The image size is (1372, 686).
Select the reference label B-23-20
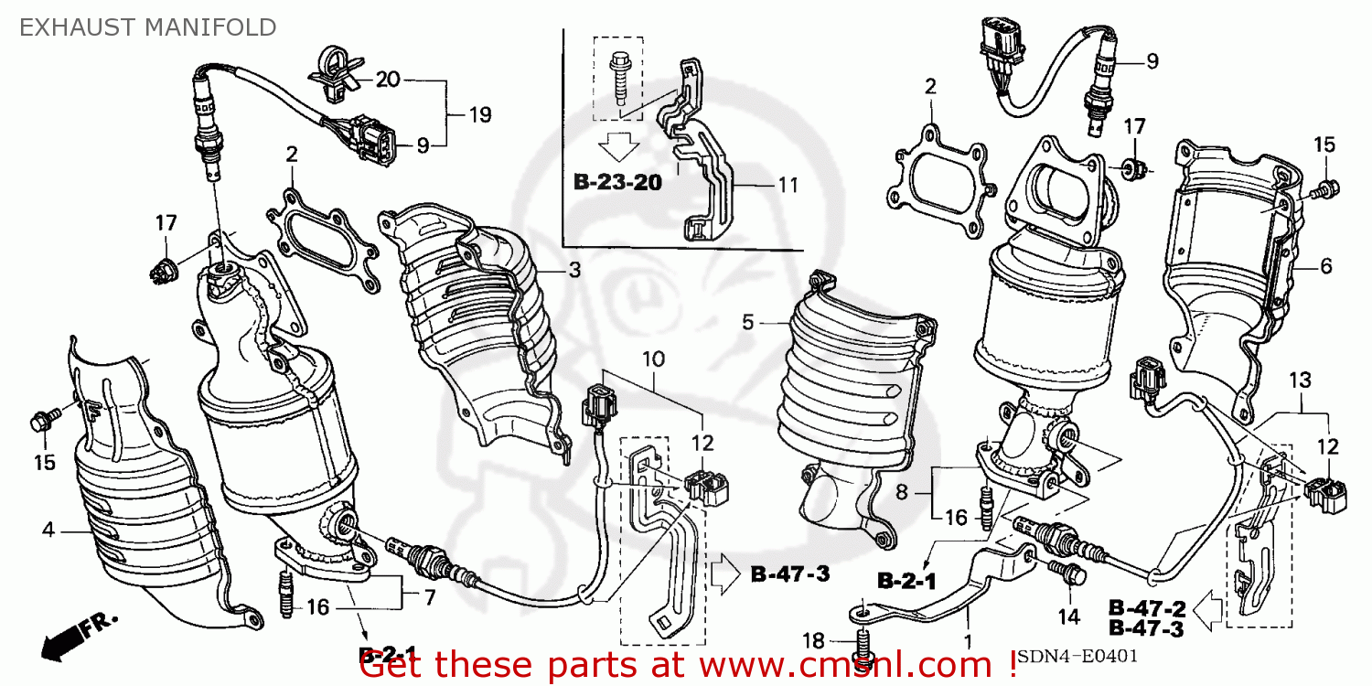[x=617, y=182]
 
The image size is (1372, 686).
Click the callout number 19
[x=479, y=115]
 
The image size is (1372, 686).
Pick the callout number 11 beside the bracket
[x=788, y=185]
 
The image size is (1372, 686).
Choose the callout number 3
[x=573, y=271]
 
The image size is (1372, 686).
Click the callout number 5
[x=747, y=322]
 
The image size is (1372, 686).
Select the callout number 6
[x=1325, y=267]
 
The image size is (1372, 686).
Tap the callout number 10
[x=653, y=359]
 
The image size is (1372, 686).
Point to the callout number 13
[x=1300, y=380]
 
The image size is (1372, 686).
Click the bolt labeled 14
[x=1069, y=574]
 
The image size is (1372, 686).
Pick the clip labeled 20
[x=332, y=70]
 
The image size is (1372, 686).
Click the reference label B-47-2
[x=1147, y=607]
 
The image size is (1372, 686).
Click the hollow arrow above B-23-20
[x=618, y=145]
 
